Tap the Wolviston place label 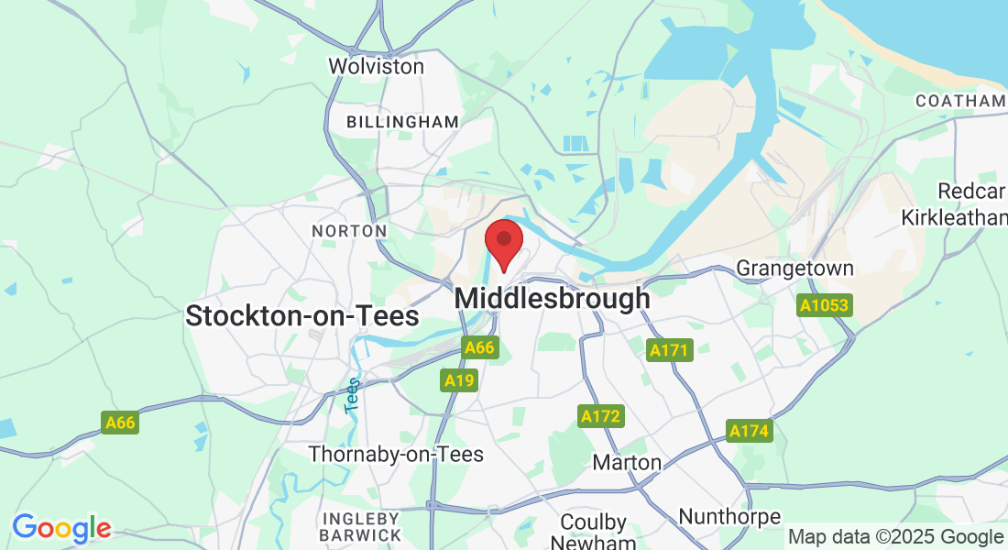pos(376,66)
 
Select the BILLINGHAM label pos(402,122)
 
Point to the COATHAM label pos(959,101)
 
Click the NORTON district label pos(349,231)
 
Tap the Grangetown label pos(795,269)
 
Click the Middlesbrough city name pos(552,299)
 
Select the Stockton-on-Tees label pos(301,316)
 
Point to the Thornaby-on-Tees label pos(396,454)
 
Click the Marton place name pos(627,462)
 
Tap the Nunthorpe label pos(729,517)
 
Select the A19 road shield pos(459,379)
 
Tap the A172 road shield pos(601,416)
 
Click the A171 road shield pos(669,350)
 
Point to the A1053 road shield pos(825,305)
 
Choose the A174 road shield pos(750,431)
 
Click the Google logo pos(61,529)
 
